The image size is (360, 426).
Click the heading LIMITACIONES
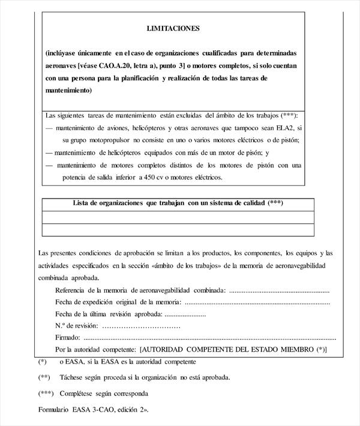coord(173,28)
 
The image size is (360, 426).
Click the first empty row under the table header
coord(178,217)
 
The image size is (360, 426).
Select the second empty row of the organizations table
coord(178,229)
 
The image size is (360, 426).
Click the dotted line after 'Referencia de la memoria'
coord(279,290)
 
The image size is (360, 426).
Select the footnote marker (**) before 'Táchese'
coord(43,378)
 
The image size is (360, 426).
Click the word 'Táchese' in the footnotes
coord(73,378)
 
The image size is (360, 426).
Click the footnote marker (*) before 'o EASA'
coord(42,362)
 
